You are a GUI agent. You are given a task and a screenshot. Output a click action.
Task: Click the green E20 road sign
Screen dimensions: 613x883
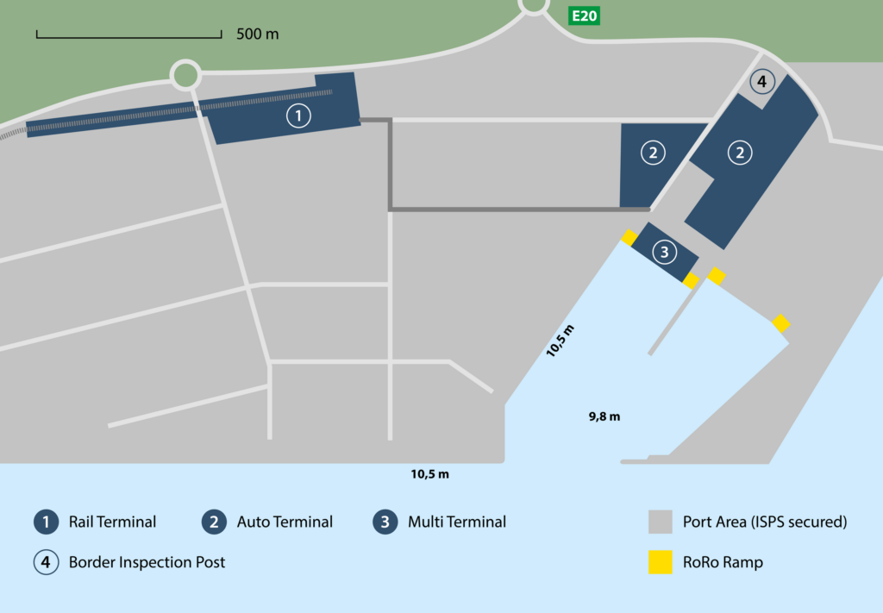point(582,16)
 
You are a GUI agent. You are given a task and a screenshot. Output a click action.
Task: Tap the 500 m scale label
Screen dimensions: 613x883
point(258,34)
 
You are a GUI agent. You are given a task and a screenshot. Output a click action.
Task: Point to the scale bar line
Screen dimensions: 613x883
point(129,36)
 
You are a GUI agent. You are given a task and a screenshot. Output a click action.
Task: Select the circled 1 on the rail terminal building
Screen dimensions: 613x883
point(298,115)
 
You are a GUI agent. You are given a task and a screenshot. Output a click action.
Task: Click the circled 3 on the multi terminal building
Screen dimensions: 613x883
point(664,252)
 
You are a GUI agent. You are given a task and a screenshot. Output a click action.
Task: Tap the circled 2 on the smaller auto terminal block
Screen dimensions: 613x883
point(653,153)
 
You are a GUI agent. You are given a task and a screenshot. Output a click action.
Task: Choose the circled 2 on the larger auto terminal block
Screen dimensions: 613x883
point(739,153)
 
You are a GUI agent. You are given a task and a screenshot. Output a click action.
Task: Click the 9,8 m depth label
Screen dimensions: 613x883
point(604,416)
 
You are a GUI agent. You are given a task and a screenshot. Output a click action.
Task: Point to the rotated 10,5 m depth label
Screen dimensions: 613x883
point(560,341)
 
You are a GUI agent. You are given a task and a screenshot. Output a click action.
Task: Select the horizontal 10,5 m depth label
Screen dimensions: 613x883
point(429,473)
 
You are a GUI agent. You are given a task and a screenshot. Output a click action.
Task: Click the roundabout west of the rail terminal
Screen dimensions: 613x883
point(185,75)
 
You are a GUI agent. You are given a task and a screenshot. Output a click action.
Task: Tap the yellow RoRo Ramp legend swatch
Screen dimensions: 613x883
point(660,562)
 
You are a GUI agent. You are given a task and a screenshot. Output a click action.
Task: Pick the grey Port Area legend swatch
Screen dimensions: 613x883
point(660,522)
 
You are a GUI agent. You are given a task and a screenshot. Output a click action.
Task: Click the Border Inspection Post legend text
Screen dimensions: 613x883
point(147,562)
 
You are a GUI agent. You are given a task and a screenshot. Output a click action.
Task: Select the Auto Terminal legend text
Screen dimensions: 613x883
point(285,522)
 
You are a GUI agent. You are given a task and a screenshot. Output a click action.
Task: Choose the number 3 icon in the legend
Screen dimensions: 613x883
point(385,522)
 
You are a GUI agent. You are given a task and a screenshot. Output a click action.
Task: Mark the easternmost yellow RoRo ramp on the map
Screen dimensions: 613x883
point(781,323)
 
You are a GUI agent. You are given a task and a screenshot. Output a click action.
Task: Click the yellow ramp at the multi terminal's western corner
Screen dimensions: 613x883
point(630,237)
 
